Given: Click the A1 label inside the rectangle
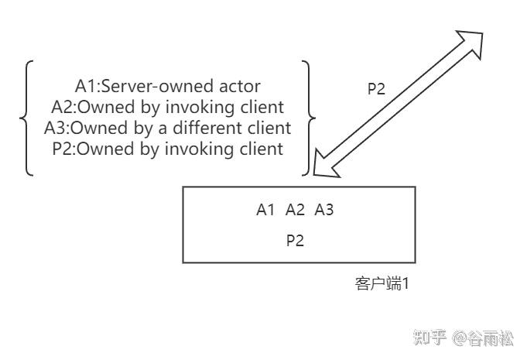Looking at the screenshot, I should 265,210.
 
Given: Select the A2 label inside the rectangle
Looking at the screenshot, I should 295,210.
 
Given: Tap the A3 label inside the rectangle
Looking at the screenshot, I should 323,210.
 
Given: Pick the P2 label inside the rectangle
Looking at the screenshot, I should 295,240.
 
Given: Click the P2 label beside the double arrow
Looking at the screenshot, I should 376,88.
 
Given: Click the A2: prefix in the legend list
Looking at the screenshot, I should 63,106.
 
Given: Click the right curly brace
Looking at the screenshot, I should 309,118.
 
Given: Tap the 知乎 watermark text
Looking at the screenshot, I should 429,338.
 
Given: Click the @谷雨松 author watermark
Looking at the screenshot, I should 484,338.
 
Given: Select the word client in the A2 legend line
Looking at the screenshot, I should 262,106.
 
